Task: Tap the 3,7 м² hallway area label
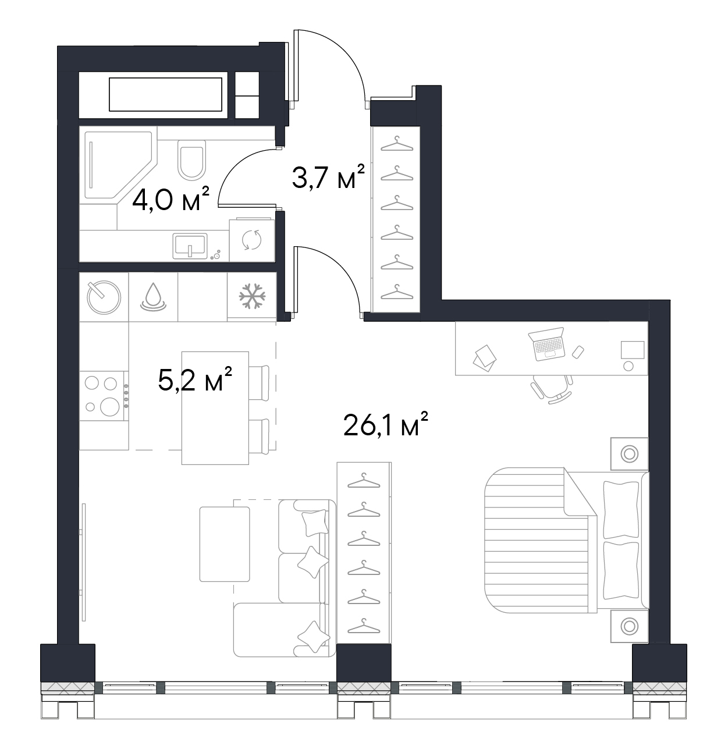click(328, 177)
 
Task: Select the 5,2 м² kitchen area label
click(195, 379)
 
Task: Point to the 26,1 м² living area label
click(386, 424)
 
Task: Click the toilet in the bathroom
click(191, 159)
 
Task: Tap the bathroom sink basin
click(190, 246)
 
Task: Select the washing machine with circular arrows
click(252, 240)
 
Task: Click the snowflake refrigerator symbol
click(252, 296)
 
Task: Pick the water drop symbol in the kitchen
click(153, 297)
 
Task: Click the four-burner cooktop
click(104, 396)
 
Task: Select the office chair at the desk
click(552, 389)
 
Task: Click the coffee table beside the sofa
click(225, 544)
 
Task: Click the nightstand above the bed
click(630, 454)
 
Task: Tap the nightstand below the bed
click(630, 626)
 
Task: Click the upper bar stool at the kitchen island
click(259, 383)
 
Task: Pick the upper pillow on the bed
click(620, 510)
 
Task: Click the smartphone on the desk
click(578, 352)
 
